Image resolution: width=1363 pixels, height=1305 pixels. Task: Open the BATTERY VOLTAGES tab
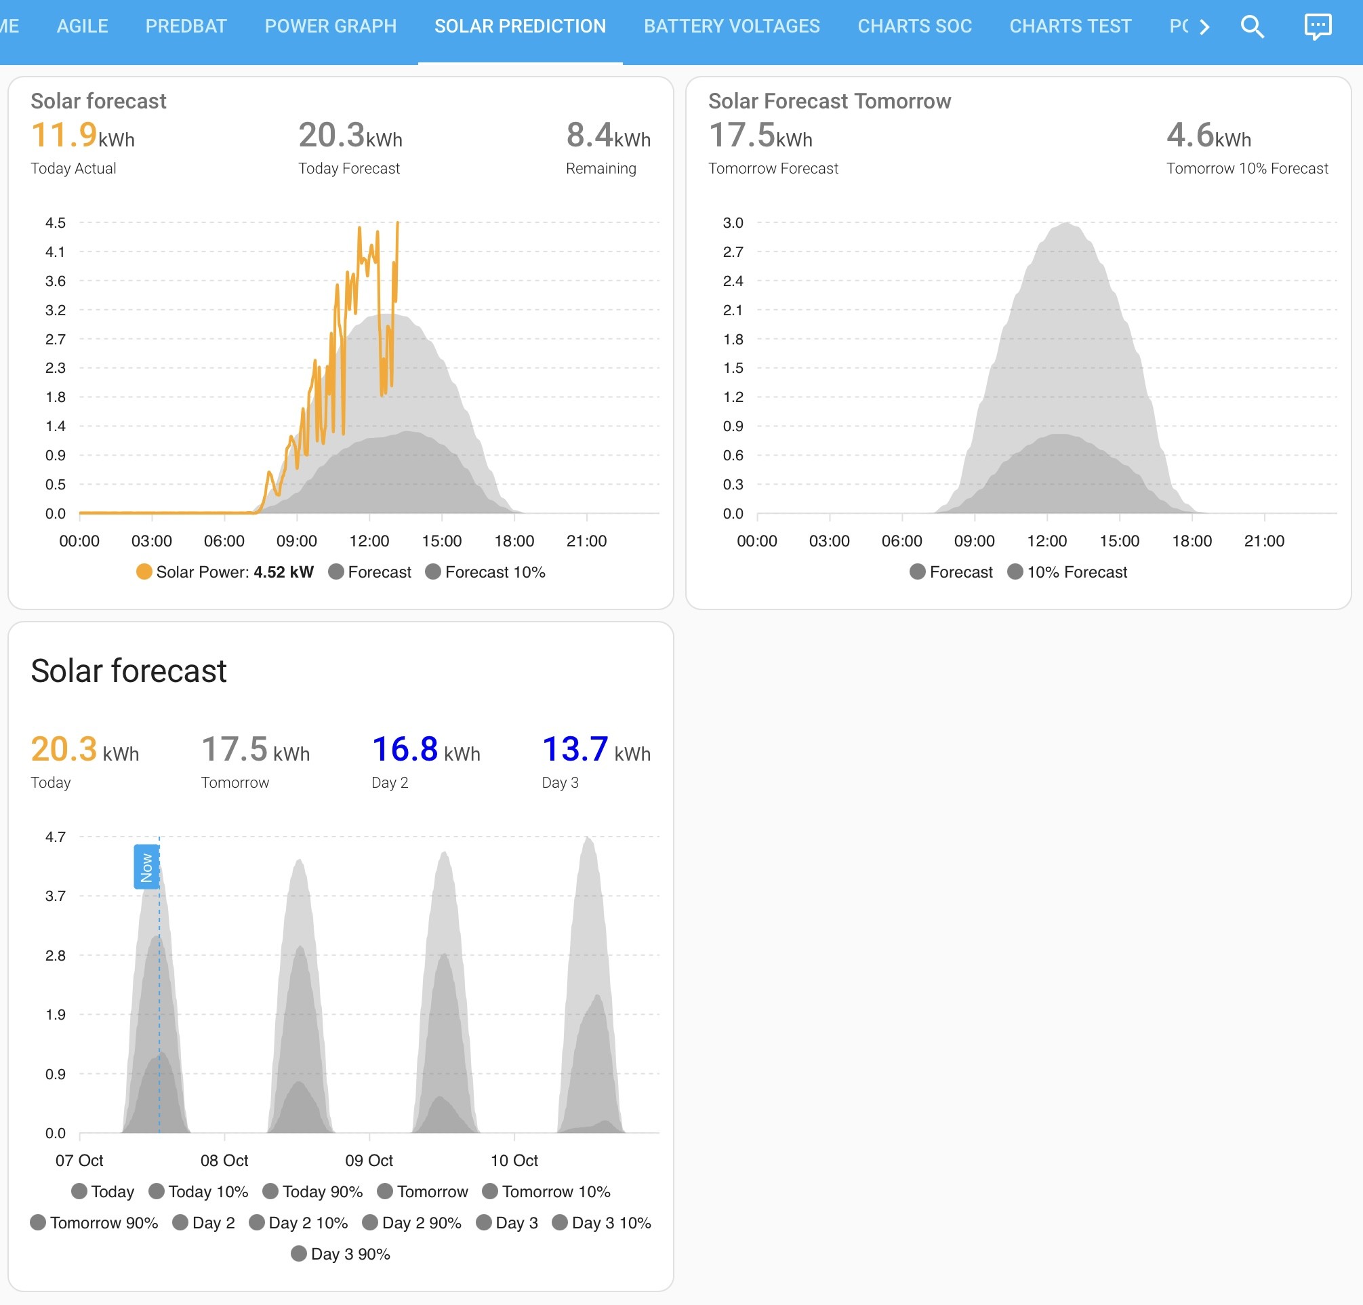[731, 26]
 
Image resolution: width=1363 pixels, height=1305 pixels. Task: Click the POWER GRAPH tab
[330, 26]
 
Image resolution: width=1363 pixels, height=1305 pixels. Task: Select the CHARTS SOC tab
[914, 26]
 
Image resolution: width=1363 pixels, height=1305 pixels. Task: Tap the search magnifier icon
[1252, 27]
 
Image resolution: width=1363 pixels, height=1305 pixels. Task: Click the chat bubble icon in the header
[1317, 27]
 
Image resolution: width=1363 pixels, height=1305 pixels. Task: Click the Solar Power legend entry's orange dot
[144, 571]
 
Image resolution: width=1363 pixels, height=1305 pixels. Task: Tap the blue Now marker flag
[146, 867]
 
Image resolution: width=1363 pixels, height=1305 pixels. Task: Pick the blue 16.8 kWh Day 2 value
[426, 750]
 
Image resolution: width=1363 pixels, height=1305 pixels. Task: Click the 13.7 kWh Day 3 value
[596, 750]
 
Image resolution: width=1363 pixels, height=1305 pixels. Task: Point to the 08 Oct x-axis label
[224, 1161]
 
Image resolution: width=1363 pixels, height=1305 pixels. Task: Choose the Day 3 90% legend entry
[341, 1253]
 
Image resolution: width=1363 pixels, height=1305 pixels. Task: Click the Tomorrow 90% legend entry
[94, 1222]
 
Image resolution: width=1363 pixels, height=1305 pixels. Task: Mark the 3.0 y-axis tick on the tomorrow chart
[733, 222]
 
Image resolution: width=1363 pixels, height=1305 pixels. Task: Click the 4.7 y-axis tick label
[55, 837]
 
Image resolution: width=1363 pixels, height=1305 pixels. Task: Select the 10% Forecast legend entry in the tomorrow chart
[1067, 571]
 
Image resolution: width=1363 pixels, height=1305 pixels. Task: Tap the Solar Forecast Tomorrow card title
[829, 101]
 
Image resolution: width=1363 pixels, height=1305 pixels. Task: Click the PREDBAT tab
[186, 26]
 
